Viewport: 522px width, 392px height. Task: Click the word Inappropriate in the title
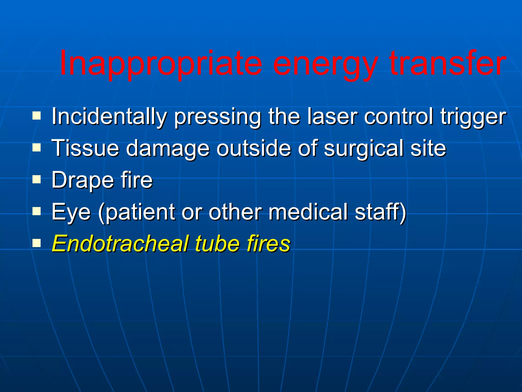[x=161, y=64]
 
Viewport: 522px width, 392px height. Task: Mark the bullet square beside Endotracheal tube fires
[x=37, y=243]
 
